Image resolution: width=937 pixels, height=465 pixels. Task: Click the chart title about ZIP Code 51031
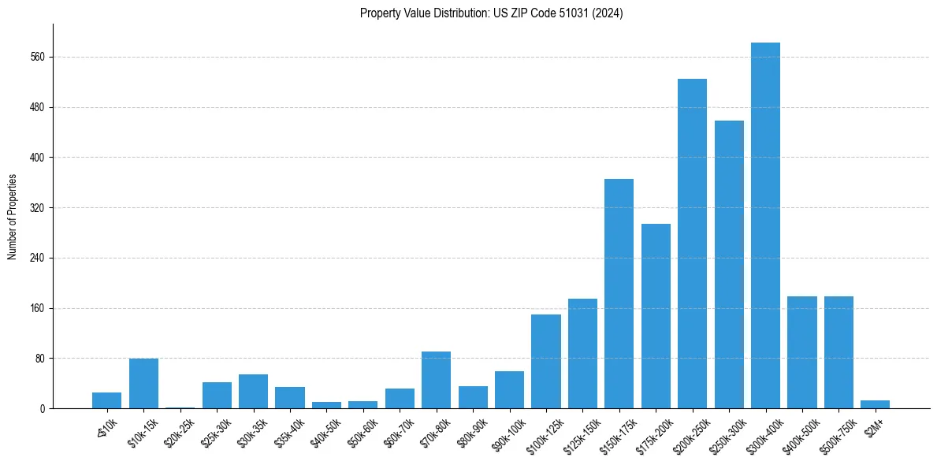(491, 13)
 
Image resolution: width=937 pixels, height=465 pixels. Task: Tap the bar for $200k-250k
(692, 244)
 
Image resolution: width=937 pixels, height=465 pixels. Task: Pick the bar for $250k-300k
(729, 265)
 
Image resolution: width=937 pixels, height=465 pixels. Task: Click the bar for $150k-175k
(619, 294)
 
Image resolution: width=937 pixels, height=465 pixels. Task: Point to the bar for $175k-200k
(656, 316)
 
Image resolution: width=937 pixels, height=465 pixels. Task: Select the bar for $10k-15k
(143, 384)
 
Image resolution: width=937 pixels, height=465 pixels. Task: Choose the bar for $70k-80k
(436, 380)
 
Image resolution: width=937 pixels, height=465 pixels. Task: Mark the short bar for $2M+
(875, 404)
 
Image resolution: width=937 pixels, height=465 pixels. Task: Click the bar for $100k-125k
(545, 362)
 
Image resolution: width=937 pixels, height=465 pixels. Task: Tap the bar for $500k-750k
(838, 352)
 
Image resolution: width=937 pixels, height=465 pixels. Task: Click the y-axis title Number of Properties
(13, 217)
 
